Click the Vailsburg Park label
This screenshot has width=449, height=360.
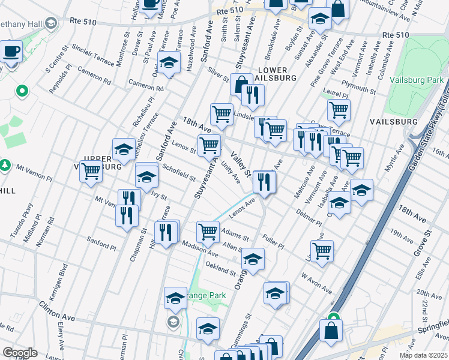pyautogui.click(x=416, y=80)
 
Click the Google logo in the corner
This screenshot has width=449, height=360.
pyautogui.click(x=20, y=353)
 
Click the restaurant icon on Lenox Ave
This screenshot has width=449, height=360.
pyautogui.click(x=264, y=181)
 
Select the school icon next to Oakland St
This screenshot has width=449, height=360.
pyautogui.click(x=253, y=259)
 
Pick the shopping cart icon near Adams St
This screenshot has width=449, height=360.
pyautogui.click(x=208, y=230)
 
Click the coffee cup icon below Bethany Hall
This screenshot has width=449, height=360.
pyautogui.click(x=11, y=51)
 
